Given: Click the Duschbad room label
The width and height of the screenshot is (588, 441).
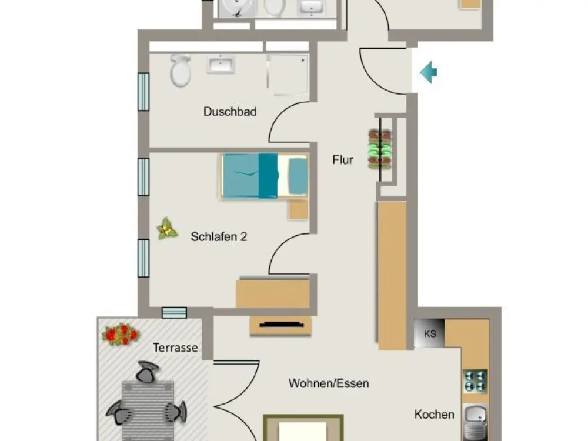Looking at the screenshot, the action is point(230,111).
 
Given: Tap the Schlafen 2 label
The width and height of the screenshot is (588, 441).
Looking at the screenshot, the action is point(219,236).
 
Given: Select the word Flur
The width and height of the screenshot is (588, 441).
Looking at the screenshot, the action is point(343,160).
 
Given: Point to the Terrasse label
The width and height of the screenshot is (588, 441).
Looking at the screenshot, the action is point(175,348).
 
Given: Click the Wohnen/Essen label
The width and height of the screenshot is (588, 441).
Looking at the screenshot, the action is point(329,383).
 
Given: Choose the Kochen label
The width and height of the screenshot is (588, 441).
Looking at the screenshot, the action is point(435,415).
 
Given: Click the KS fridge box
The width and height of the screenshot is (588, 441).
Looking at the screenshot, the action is point(429,333).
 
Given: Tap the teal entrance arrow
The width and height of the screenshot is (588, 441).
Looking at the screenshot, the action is point(428,72).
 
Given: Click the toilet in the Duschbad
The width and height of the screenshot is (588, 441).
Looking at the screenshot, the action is point(181,70).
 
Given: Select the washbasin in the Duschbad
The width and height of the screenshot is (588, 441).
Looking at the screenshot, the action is point(220,64).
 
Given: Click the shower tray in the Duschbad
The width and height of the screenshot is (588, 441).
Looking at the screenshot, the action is point(288,75).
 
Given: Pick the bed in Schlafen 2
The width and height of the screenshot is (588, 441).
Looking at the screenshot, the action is point(265,176).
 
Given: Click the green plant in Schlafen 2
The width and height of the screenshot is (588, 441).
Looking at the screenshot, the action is point(167,228).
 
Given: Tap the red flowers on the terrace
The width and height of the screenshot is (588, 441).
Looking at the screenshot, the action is point(121,334).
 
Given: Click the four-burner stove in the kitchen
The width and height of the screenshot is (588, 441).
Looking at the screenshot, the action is point(476,381).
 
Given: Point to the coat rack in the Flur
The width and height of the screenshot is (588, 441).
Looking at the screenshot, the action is point(380,149).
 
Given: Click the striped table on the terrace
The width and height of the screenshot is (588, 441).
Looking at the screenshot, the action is point(148,410).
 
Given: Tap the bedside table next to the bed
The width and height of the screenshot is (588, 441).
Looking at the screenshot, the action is point(299,210).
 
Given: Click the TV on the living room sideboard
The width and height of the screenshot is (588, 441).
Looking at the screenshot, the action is point(281,325).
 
